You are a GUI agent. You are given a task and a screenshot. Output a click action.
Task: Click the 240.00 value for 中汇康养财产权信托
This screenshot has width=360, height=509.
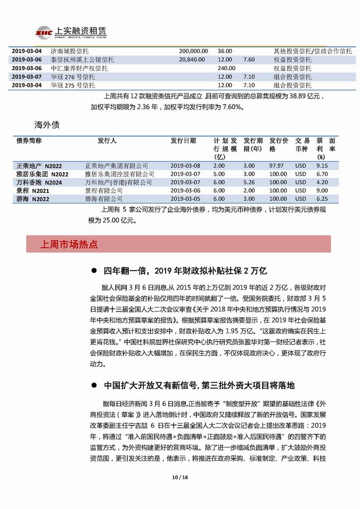click(x=226, y=68)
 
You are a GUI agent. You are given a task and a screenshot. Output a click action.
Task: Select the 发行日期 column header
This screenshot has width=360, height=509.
click(x=183, y=141)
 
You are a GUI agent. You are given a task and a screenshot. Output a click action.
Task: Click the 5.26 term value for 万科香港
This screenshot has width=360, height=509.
click(x=249, y=183)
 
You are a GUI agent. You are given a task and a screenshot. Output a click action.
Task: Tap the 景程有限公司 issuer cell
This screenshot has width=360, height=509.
click(x=103, y=191)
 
